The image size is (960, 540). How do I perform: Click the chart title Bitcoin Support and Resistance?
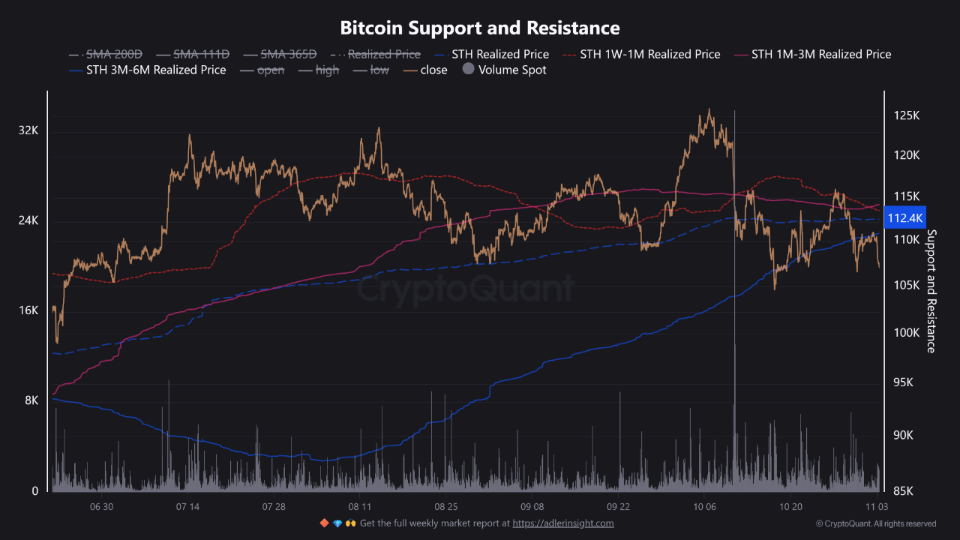pos(480,28)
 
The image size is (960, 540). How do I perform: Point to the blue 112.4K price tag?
pos(905,217)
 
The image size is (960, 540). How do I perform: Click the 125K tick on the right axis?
pos(906,115)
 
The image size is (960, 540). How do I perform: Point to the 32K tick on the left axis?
pos(28,130)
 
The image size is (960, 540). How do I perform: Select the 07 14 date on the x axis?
pos(187,507)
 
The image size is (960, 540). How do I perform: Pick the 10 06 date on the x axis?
pos(704,507)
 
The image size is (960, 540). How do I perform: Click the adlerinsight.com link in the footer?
pos(563,523)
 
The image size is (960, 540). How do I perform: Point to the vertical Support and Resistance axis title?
pos(931,290)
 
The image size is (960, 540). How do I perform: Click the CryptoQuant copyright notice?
pos(876,523)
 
